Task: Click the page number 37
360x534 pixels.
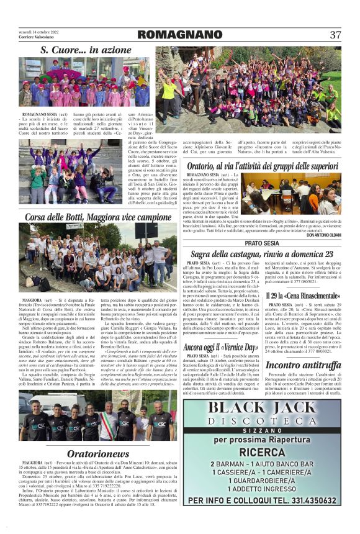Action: coord(335,35)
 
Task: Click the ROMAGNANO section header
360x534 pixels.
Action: coord(176,35)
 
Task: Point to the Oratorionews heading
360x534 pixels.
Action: coord(98,453)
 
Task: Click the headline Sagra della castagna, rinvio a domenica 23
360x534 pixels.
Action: coord(262,254)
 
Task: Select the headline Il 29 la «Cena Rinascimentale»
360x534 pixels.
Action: coord(304,296)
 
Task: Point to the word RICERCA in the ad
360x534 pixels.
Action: coord(262,453)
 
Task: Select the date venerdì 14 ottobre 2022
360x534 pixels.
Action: coord(38,31)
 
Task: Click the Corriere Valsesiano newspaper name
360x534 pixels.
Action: coord(36,38)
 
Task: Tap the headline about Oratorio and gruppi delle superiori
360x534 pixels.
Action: coord(263,166)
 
